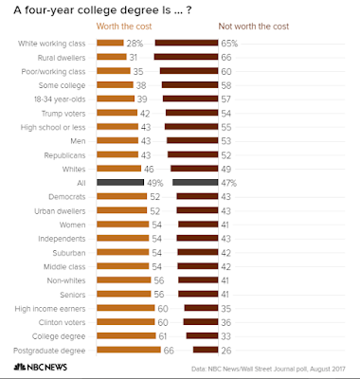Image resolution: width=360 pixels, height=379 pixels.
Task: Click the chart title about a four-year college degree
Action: [102, 10]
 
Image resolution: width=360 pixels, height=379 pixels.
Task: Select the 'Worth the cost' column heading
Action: [124, 27]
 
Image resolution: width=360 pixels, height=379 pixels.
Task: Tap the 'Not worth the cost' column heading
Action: [254, 27]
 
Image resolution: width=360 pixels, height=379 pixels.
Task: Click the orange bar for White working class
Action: [110, 43]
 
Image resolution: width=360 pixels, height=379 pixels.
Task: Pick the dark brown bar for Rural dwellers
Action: [186, 57]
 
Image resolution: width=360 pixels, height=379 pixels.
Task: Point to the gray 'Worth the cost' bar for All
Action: [120, 182]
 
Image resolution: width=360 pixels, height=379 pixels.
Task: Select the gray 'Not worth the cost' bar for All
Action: [195, 182]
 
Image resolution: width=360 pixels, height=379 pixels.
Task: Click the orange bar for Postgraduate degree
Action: [129, 350]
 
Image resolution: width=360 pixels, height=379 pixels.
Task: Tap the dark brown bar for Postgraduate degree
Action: [206, 350]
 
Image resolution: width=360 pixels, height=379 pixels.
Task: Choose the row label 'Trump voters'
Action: [63, 114]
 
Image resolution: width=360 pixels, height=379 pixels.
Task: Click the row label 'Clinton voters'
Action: [62, 322]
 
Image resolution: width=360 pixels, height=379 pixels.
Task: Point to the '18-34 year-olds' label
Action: [60, 99]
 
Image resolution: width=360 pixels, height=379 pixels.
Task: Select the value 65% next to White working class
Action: [229, 44]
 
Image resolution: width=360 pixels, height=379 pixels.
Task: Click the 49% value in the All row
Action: [155, 183]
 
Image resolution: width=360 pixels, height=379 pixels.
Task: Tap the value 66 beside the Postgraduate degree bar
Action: [169, 351]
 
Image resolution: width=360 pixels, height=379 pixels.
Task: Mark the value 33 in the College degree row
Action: [225, 336]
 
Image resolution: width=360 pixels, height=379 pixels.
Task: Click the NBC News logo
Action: [40, 367]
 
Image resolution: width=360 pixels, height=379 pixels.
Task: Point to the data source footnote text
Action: [268, 369]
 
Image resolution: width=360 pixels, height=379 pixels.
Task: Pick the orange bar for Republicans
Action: [117, 154]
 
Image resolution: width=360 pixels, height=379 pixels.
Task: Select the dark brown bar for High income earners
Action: [201, 308]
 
